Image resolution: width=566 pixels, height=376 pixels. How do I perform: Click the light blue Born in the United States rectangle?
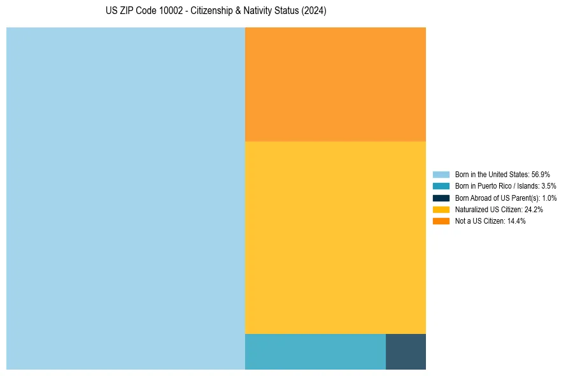[125, 198]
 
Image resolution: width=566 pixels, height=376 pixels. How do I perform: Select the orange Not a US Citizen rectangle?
[335, 84]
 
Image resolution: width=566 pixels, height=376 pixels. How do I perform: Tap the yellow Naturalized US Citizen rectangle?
[335, 237]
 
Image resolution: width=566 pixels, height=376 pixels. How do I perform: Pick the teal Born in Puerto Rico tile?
[315, 351]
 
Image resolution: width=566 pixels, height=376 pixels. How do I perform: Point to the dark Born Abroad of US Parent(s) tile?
[406, 351]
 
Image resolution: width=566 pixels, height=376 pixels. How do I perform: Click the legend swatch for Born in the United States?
[441, 174]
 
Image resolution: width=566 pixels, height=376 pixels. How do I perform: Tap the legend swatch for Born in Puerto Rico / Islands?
[441, 186]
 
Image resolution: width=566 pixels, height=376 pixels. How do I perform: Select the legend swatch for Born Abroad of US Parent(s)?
[441, 198]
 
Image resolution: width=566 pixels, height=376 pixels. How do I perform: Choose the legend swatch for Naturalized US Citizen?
[441, 209]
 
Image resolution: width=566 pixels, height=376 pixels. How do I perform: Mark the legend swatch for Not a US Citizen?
[441, 221]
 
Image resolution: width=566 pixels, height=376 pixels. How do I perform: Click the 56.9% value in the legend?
[541, 174]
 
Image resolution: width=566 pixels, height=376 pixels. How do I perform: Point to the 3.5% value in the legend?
[548, 186]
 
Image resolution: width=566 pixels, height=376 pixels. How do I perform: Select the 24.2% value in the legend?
[533, 209]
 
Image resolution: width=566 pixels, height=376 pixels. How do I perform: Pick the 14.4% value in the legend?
[516, 221]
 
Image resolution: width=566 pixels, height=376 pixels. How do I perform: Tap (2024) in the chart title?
[315, 11]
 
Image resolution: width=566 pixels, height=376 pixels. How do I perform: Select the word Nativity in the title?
[258, 11]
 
